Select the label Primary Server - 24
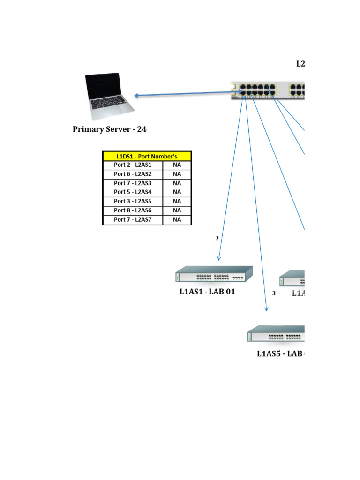pos(109,129)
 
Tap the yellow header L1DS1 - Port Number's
pos(147,157)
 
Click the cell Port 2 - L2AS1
pos(133,165)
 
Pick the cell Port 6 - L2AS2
pos(133,174)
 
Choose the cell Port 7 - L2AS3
pos(133,183)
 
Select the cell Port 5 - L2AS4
pos(133,192)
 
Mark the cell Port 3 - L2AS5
pos(133,201)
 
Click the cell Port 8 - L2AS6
pos(133,210)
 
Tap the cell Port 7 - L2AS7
pos(133,219)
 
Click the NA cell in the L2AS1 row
pos(177,165)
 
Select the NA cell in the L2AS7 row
pos(177,219)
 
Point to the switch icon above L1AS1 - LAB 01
pos(214,274)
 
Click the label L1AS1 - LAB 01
pos(207,292)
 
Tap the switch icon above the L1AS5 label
pos(277,334)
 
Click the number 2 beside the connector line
pos(217,239)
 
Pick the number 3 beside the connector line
pos(274,293)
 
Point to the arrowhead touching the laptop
pos(136,96)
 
